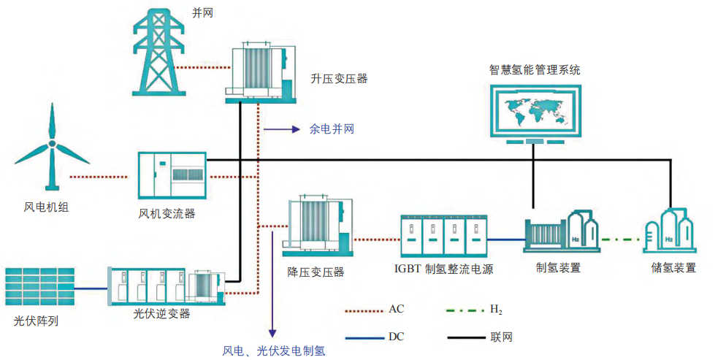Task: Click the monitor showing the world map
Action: pyautogui.click(x=535, y=109)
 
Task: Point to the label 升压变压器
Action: pyautogui.click(x=338, y=78)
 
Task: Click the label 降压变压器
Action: pyautogui.click(x=316, y=272)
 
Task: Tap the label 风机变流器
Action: pyautogui.click(x=167, y=213)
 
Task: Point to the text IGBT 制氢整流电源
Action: pyautogui.click(x=443, y=269)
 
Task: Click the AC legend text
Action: pyautogui.click(x=396, y=310)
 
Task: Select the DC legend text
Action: pyautogui.click(x=396, y=337)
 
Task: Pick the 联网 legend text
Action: pyautogui.click(x=500, y=337)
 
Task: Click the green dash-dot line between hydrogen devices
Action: pyautogui.click(x=620, y=238)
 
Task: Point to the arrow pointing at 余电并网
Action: pyautogui.click(x=282, y=129)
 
